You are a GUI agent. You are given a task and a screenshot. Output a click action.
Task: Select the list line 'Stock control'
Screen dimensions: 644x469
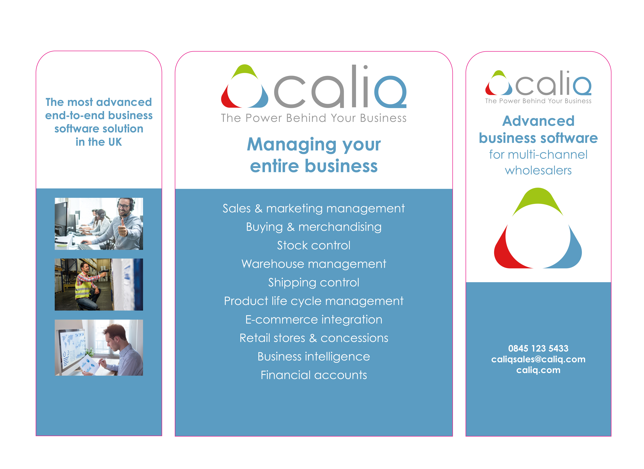(314, 245)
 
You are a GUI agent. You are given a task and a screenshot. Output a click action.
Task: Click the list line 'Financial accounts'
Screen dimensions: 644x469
(314, 375)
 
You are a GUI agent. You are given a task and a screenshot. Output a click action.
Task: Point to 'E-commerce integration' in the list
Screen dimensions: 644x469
(314, 320)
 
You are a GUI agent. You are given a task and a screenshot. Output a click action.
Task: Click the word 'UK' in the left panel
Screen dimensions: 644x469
(115, 142)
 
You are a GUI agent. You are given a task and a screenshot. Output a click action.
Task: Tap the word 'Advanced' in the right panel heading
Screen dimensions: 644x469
(538, 121)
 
